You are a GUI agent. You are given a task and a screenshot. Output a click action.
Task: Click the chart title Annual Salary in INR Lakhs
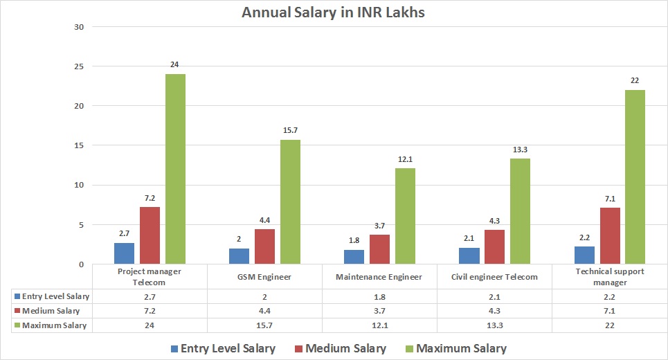[333, 12]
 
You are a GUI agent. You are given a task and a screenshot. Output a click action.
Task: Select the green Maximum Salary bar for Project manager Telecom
[175, 169]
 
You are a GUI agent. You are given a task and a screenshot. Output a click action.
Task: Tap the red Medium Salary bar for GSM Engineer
[265, 246]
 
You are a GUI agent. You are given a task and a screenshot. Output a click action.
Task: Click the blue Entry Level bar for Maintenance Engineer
[354, 257]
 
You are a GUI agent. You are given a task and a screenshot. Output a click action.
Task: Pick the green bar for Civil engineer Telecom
[520, 211]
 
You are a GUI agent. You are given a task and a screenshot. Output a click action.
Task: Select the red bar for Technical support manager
[610, 235]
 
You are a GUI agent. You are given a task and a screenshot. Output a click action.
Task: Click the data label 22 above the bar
[634, 81]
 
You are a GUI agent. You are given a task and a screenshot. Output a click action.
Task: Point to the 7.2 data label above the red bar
[150, 199]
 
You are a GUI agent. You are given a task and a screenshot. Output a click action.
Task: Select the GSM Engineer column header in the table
[265, 276]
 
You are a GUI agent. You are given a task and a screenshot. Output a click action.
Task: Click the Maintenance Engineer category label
[380, 276]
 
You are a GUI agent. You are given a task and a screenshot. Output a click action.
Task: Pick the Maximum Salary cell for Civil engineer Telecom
[495, 325]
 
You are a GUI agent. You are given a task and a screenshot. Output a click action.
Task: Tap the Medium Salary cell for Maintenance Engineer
[380, 311]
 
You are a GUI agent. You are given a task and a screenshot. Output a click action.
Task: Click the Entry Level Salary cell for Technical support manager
[610, 296]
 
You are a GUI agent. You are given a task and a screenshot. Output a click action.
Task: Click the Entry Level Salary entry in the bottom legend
[222, 348]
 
